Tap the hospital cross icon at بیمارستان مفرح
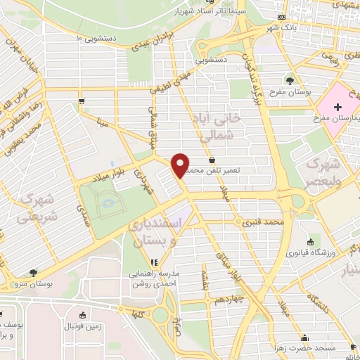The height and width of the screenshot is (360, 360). point(338,107)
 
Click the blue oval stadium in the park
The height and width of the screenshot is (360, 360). point(107,204)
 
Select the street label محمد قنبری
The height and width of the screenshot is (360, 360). point(262,224)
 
